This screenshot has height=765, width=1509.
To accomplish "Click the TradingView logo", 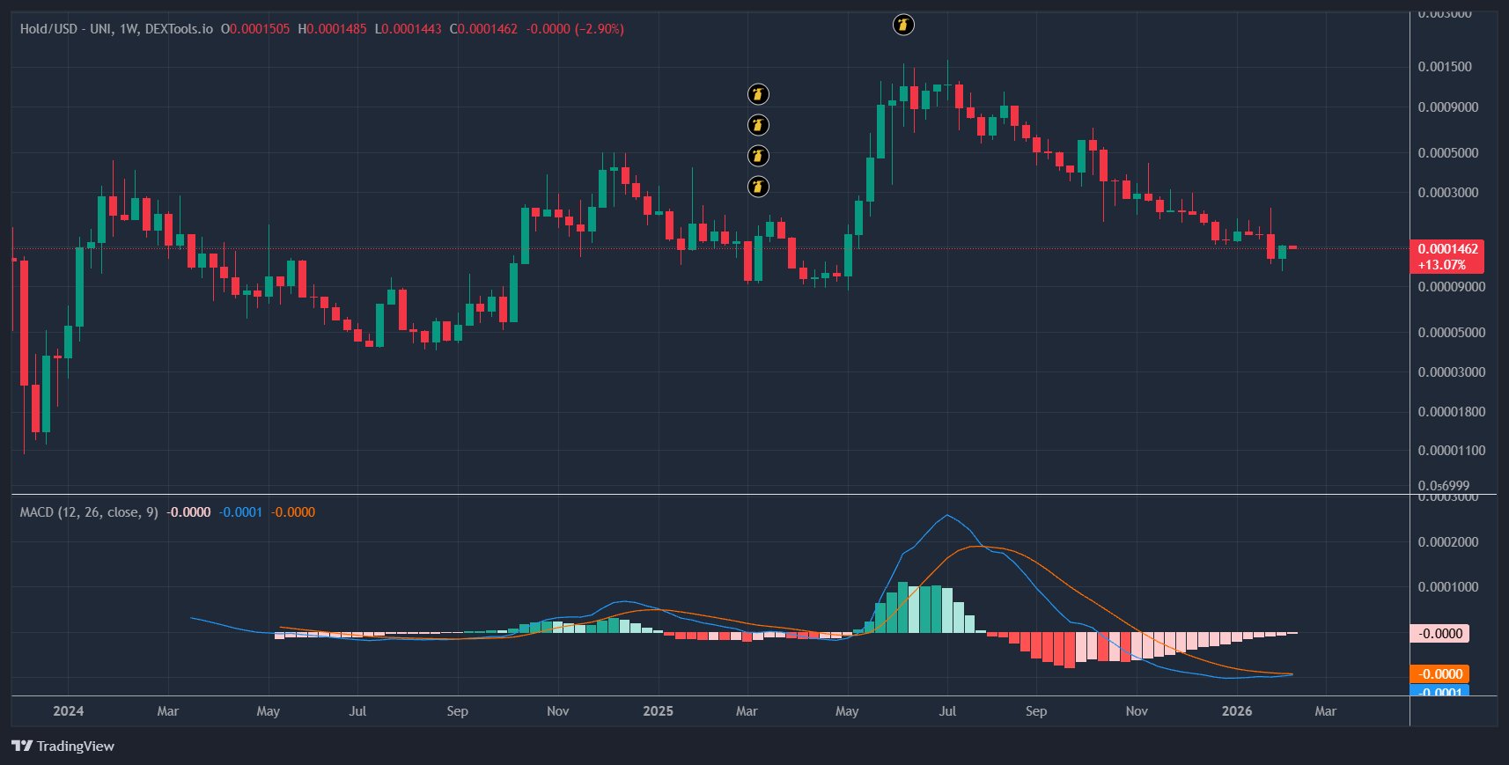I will pos(63,747).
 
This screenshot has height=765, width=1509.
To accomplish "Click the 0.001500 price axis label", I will pos(1444,67).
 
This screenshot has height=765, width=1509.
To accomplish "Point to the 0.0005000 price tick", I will pos(1447,153).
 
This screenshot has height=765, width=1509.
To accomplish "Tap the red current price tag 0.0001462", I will pos(1447,249).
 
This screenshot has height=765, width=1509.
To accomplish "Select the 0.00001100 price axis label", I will pos(1451,451).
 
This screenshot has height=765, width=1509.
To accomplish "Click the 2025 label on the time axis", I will pos(658,711).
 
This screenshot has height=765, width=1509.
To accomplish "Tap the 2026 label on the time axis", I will pos(1236,711).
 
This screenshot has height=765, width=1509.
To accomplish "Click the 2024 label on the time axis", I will pos(68,711).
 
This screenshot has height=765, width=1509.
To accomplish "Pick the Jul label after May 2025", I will pos(947,711).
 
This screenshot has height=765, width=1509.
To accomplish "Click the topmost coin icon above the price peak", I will pos(903,25).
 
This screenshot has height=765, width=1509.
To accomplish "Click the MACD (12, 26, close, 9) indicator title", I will pos(89,512).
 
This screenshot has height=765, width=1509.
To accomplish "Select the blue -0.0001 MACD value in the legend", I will pos(240,512).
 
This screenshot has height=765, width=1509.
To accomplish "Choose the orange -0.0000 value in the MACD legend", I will pos(292,512).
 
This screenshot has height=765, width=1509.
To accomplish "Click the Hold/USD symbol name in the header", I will pos(48,29).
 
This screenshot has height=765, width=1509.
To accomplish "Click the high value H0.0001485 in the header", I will pos(332,29).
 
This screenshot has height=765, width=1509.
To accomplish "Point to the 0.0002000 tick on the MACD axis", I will pos(1447,542).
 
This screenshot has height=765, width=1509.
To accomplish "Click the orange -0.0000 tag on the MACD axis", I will pos(1440,674).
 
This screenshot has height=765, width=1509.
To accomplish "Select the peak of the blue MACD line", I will pos(947,515).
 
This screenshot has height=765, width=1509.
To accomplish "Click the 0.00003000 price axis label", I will pos(1451,372).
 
